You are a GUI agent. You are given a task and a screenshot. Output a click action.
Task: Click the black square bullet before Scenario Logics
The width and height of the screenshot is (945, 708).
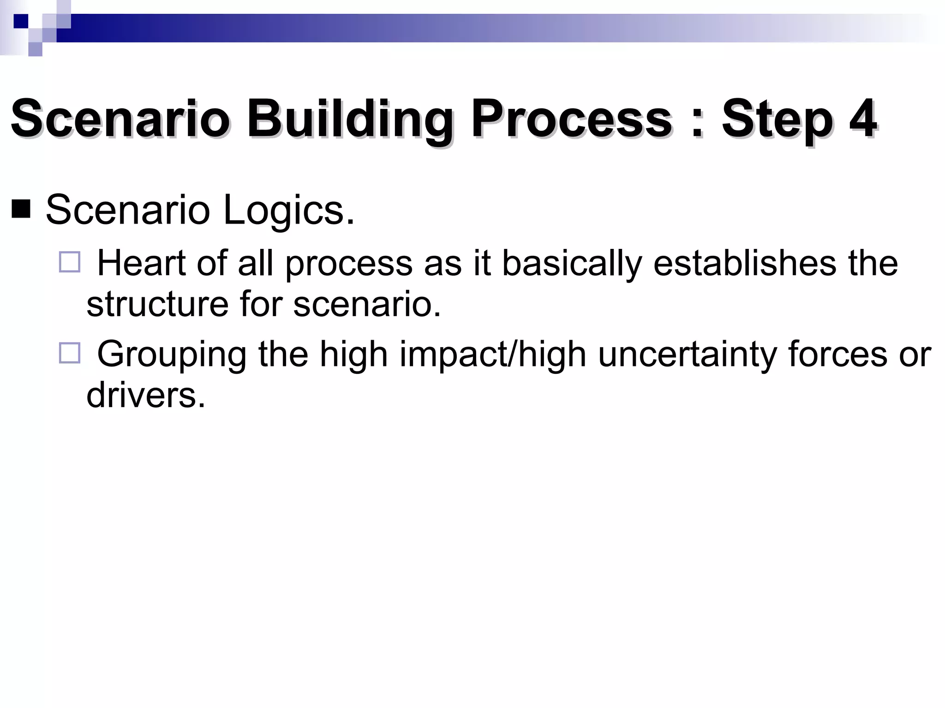(21, 210)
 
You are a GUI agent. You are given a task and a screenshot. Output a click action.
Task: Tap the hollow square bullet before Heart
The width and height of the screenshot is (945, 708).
(70, 262)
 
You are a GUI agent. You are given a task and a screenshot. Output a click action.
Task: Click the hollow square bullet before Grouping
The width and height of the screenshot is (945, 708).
(70, 353)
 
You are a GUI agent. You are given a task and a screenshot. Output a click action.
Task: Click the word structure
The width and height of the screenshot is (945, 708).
(157, 304)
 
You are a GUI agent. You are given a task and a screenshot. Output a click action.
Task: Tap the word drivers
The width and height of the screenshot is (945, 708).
(145, 395)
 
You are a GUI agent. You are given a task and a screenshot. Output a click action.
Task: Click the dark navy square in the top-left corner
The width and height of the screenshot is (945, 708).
(21, 21)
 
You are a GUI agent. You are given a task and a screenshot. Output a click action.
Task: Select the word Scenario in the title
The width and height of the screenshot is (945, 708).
(120, 119)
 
